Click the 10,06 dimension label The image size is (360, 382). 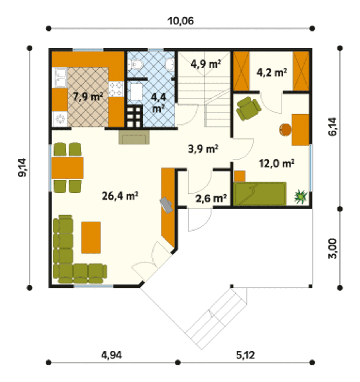[x=181, y=21]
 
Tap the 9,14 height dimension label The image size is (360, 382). [x=22, y=167]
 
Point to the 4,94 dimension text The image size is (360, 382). [x=111, y=355]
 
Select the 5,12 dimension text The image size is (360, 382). [x=246, y=355]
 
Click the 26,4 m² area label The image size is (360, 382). [x=120, y=196]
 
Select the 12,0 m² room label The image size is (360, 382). [x=276, y=164]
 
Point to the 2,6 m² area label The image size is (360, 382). [x=211, y=198]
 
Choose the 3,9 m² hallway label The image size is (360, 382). [x=203, y=149]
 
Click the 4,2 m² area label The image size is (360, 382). [x=272, y=73]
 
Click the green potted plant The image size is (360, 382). [x=301, y=196]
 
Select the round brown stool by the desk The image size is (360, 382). [x=285, y=130]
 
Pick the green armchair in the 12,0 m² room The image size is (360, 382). [x=248, y=108]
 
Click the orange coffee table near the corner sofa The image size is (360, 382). [x=91, y=238]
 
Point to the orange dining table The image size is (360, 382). [x=67, y=168]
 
